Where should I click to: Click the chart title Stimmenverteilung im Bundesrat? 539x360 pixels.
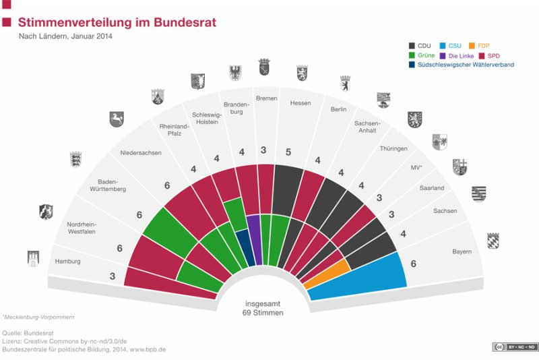(x=117, y=22)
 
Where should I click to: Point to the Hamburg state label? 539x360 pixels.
(x=68, y=261)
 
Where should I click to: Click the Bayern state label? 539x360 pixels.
(x=462, y=251)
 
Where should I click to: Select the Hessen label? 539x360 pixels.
(x=300, y=103)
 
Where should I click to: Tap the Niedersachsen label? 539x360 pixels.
(x=141, y=153)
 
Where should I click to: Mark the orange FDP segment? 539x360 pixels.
(x=327, y=273)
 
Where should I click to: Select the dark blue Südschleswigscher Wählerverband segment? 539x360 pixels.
(x=243, y=246)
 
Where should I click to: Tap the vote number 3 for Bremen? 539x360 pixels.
(x=264, y=150)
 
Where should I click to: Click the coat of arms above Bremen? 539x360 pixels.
(x=264, y=67)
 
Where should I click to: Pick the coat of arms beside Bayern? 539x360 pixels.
(x=494, y=241)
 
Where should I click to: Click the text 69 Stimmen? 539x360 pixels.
(x=263, y=313)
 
